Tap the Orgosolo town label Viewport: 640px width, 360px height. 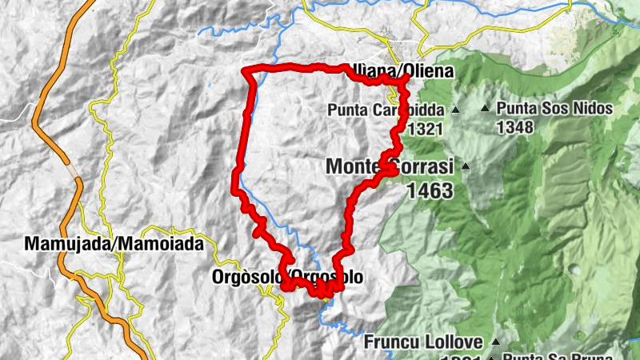287,278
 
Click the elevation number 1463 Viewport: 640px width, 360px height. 430,190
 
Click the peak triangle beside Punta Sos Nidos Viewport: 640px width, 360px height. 485,108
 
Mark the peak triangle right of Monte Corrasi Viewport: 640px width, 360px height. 464,166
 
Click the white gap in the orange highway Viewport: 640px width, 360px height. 74,170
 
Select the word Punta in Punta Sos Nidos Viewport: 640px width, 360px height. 516,108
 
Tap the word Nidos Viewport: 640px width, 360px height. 593,108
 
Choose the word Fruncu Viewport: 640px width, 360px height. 391,342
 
